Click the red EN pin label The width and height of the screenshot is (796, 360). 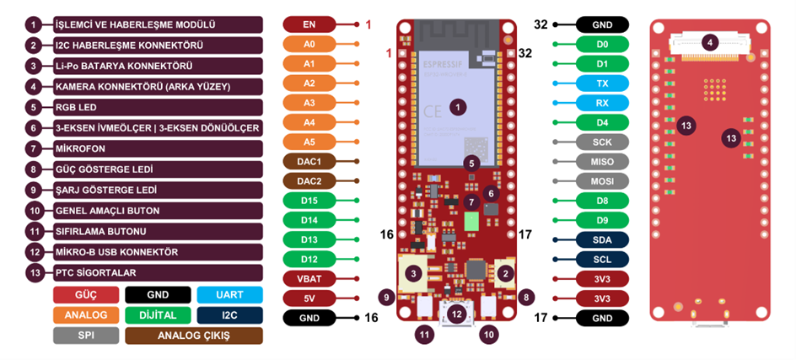[309, 24]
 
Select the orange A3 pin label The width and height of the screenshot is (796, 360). [309, 103]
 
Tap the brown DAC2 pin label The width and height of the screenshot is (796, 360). [309, 180]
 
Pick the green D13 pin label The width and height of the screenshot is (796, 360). [309, 239]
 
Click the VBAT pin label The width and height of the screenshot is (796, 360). [309, 278]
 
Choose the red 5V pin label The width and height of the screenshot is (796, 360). [309, 298]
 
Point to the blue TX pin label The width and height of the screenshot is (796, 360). [602, 83]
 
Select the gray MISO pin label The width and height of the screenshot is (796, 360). [602, 161]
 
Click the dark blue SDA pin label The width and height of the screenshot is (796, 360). [602, 239]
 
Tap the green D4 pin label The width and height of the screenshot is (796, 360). [602, 122]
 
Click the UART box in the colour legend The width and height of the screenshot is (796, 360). [229, 295]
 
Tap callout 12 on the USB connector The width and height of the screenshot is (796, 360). [457, 314]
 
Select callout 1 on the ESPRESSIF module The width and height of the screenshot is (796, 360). [457, 107]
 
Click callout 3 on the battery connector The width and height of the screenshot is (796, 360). [413, 273]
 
